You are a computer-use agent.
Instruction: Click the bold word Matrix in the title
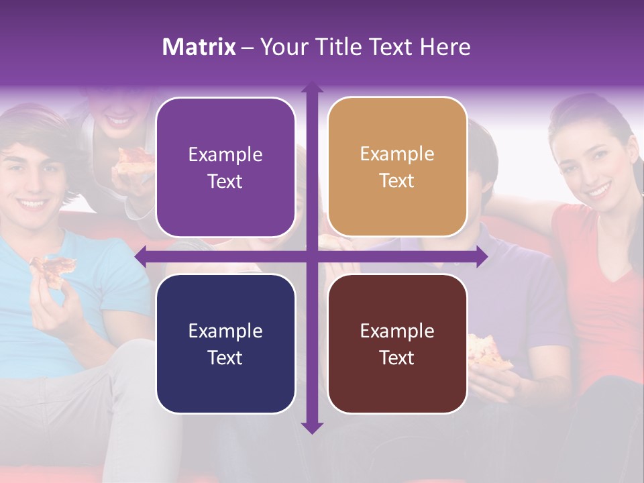click(199, 47)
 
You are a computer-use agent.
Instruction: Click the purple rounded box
click(225, 167)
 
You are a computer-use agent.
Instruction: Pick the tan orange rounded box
click(397, 167)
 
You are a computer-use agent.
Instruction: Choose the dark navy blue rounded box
click(225, 343)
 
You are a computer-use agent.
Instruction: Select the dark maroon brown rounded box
click(397, 343)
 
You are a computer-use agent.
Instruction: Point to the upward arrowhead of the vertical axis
click(312, 88)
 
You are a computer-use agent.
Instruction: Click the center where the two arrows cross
click(312, 256)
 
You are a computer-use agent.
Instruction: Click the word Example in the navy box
click(225, 331)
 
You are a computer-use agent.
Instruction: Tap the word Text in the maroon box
click(397, 358)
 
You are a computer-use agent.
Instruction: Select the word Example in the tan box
click(397, 154)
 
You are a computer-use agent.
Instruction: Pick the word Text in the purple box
click(225, 181)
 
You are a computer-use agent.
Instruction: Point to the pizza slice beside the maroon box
click(488, 351)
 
